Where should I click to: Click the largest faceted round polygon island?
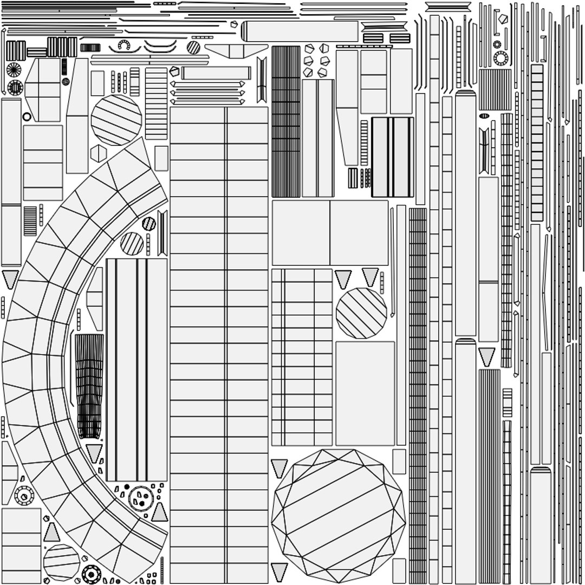(339, 516)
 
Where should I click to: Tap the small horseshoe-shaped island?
(124, 45)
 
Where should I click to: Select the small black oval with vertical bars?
(484, 116)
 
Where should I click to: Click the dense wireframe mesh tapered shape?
(89, 385)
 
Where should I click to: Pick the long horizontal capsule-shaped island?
(300, 31)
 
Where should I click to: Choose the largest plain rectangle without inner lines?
(365, 393)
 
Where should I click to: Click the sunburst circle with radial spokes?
(14, 69)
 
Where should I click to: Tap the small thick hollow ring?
(27, 116)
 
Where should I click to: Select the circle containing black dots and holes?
(141, 498)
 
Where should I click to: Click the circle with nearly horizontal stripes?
(61, 562)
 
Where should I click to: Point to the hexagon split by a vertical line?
(98, 153)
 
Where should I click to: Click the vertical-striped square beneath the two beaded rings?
(495, 89)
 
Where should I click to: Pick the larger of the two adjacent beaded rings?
(500, 58)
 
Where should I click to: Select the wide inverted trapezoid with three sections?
(236, 51)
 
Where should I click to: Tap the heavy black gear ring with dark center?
(91, 574)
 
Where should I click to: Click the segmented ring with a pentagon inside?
(24, 495)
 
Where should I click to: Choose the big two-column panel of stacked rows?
(219, 344)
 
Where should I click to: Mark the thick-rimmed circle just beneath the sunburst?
(15, 87)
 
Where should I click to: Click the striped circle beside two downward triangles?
(361, 313)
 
